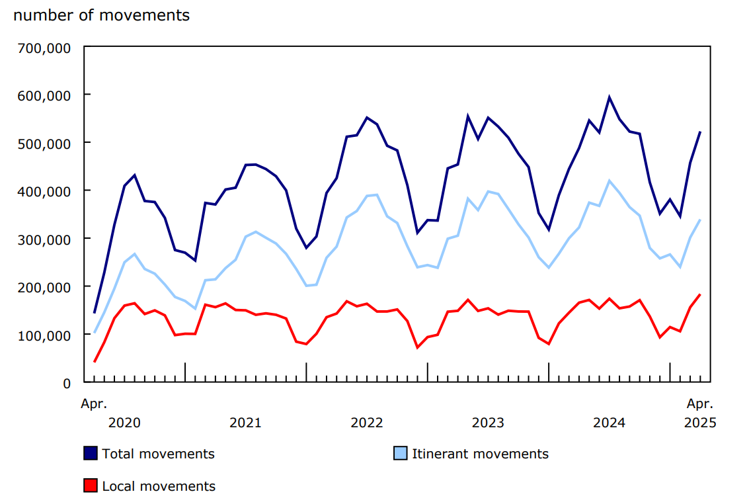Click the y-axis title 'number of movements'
pyautogui.click(x=101, y=15)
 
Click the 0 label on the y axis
pyautogui.click(x=67, y=383)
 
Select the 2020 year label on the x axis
pyautogui.click(x=124, y=423)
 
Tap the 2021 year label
pyautogui.click(x=245, y=423)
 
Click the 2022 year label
pyautogui.click(x=367, y=423)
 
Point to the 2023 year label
pyautogui.click(x=488, y=423)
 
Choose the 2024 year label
pyautogui.click(x=609, y=423)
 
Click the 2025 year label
pyautogui.click(x=700, y=423)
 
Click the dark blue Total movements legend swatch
pyautogui.click(x=91, y=454)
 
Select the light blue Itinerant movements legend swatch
pyautogui.click(x=401, y=454)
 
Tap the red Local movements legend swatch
pyautogui.click(x=91, y=486)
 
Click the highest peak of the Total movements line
pyautogui.click(x=610, y=97)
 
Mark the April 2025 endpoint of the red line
pyautogui.click(x=700, y=294)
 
